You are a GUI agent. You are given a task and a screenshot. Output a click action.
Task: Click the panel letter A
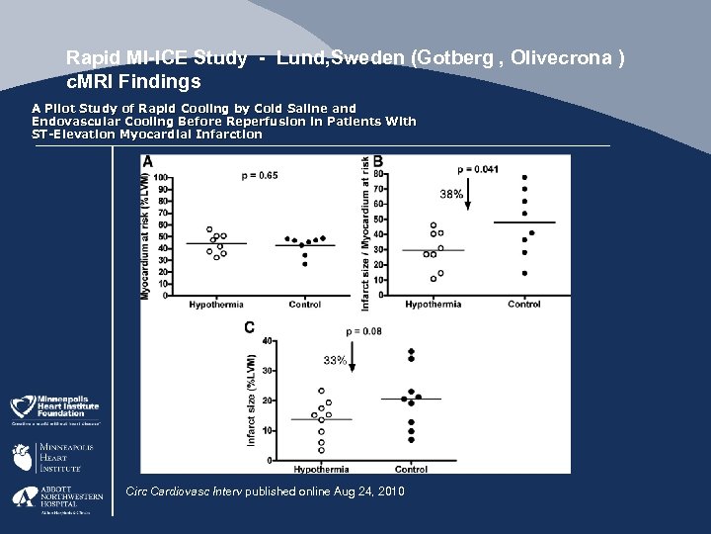click(147, 160)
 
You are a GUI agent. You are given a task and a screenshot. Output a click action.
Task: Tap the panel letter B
click(377, 160)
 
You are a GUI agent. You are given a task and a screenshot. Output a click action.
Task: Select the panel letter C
click(250, 327)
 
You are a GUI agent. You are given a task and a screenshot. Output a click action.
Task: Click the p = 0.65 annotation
click(259, 175)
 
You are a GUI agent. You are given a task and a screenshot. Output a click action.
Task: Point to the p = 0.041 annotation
click(478, 169)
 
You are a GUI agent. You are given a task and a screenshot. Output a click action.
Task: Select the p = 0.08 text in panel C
click(364, 330)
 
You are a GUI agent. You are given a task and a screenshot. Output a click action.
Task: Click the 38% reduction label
click(450, 195)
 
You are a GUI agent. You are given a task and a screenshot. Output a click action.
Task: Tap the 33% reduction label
click(336, 361)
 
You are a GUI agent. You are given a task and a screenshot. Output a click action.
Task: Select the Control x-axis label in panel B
click(523, 304)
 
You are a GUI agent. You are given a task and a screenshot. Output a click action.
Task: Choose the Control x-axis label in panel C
click(411, 469)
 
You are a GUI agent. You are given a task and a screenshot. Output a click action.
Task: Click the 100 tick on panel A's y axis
click(161, 178)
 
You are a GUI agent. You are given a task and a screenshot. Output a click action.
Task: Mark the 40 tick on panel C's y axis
click(266, 340)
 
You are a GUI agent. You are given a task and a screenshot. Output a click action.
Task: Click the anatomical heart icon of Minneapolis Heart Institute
click(22, 458)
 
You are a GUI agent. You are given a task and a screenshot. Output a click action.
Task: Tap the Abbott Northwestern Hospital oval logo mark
click(24, 499)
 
